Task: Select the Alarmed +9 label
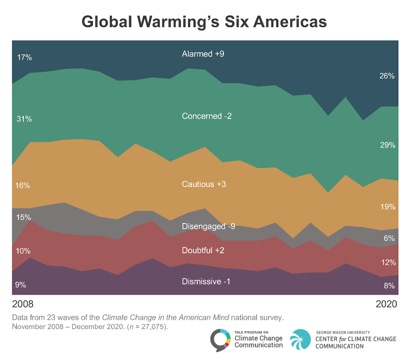tap(203, 54)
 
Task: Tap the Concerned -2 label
tap(207, 116)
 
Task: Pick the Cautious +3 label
tap(204, 184)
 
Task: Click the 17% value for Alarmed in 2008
tap(24, 57)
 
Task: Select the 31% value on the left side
tap(24, 119)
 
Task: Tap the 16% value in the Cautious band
tap(23, 185)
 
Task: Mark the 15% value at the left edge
tap(23, 218)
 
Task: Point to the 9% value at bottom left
tap(21, 284)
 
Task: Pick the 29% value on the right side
tap(387, 145)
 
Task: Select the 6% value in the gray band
tap(389, 238)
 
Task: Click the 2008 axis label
tap(22, 303)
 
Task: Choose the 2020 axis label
tap(386, 303)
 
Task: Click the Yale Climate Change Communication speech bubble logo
tap(220, 340)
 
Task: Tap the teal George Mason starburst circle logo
tap(302, 340)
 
